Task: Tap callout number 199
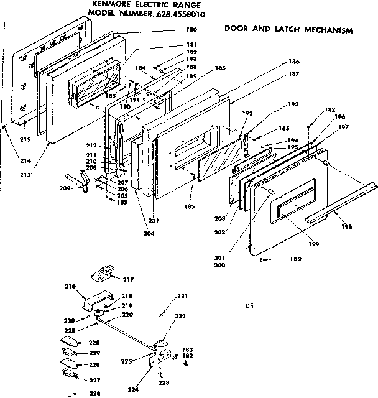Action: click(314, 244)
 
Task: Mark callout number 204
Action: click(147, 233)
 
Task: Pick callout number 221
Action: click(182, 296)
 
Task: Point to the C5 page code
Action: click(249, 305)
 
